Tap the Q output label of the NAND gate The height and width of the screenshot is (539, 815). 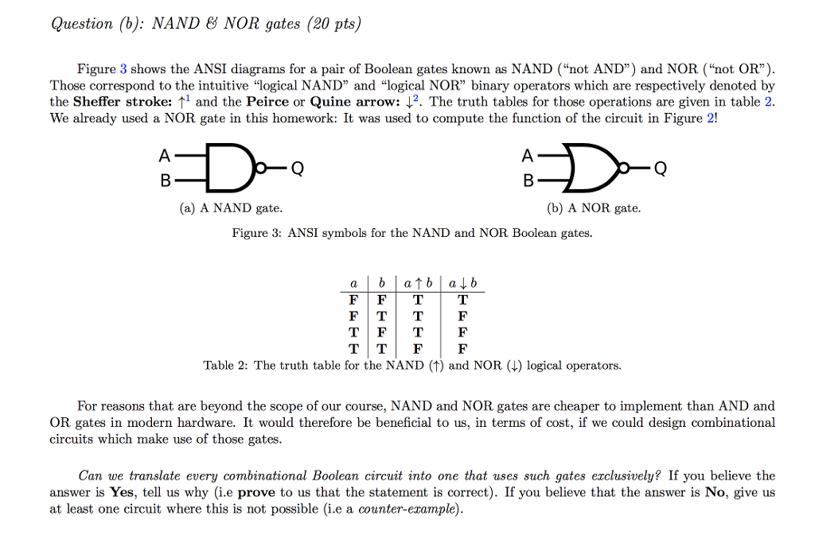tap(297, 168)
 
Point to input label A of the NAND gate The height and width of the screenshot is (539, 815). tap(165, 155)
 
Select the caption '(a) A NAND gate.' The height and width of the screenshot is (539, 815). tap(230, 208)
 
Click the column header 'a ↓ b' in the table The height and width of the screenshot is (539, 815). tap(462, 284)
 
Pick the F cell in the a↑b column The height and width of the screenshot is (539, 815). tap(418, 348)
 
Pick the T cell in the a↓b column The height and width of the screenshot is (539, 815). tap(462, 301)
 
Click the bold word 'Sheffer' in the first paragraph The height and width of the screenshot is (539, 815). tap(96, 102)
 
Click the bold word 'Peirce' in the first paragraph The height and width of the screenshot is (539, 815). tap(268, 102)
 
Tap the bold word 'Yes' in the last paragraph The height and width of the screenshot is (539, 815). tap(123, 492)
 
